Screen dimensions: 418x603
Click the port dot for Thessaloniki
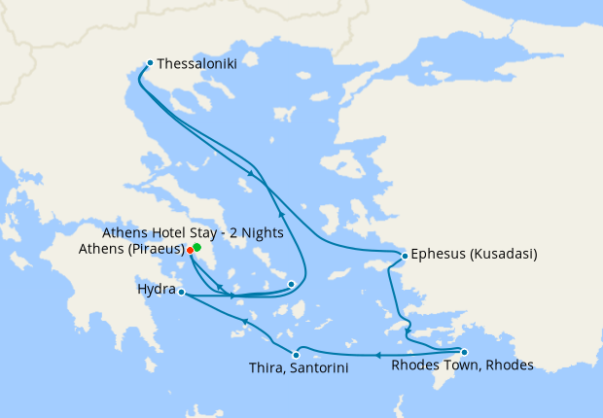(x=150, y=63)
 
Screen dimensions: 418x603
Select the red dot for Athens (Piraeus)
(x=190, y=250)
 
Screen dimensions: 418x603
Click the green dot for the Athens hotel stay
(x=196, y=247)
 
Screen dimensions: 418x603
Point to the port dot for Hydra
(x=182, y=292)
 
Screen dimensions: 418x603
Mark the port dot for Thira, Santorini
(x=296, y=355)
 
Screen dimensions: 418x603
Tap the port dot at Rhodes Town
(x=464, y=352)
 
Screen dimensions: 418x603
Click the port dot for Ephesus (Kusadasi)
(x=405, y=256)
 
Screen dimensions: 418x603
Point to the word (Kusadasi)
(x=503, y=256)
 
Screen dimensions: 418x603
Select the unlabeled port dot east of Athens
(x=291, y=284)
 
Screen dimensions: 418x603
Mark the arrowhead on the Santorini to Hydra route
(x=246, y=321)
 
